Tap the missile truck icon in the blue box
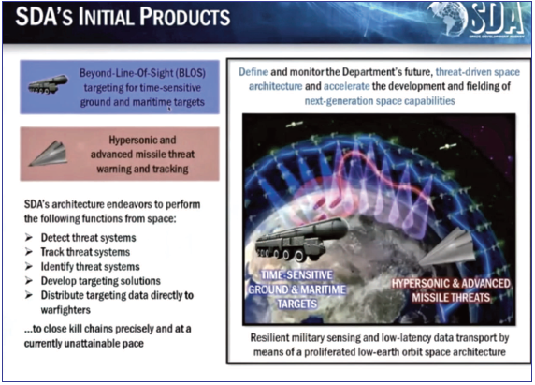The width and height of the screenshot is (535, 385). pos(48,84)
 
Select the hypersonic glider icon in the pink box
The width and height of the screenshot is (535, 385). pos(47,153)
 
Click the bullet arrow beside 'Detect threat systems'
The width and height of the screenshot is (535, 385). pos(29,237)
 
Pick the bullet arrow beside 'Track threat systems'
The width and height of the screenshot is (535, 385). pos(29,252)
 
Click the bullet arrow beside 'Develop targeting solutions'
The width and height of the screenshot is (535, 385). pos(29,281)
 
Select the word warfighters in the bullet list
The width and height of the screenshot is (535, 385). pos(65,310)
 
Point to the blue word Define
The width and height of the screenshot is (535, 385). pos(253,72)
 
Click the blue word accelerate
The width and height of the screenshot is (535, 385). pos(347,86)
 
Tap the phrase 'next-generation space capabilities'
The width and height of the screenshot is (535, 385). pos(379,101)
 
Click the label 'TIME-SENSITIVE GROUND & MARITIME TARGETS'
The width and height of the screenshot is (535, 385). pos(296,289)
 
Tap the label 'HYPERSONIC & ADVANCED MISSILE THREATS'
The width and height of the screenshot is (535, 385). pos(451,290)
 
